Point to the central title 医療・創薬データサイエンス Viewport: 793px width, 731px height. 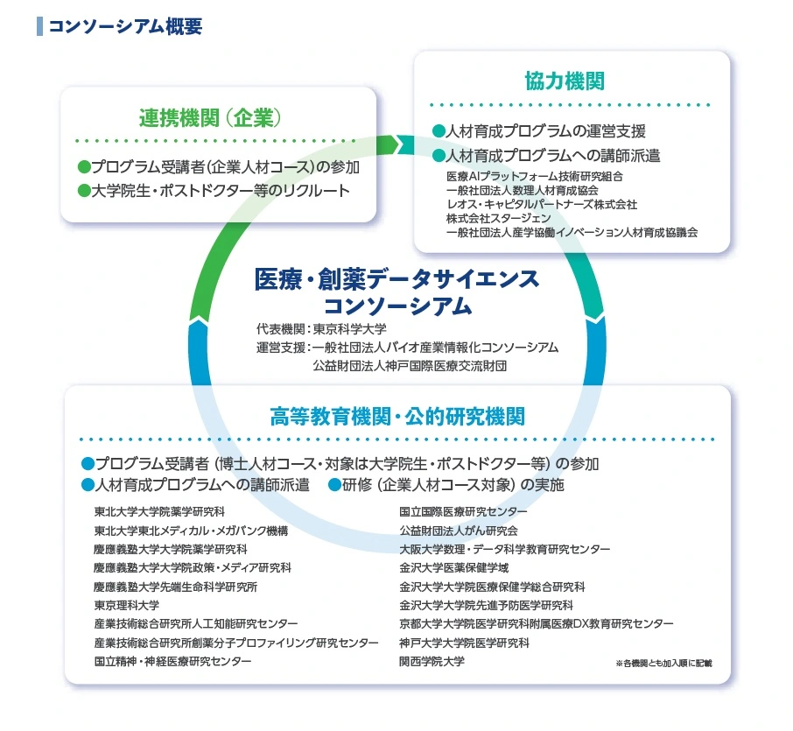pos(397,279)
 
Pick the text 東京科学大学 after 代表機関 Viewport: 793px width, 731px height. pos(349,329)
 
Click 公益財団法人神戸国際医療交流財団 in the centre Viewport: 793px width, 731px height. pos(410,365)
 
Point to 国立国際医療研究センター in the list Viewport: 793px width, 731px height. pos(463,511)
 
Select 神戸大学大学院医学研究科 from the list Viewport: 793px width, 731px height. pos(464,643)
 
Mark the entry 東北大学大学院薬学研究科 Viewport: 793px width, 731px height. pos(159,511)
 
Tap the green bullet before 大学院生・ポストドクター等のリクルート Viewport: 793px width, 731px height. pos(84,190)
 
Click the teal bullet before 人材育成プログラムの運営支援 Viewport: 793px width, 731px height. pos(439,131)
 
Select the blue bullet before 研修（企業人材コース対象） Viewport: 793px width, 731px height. pos(334,485)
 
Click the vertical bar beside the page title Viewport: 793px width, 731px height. pos(39,26)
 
